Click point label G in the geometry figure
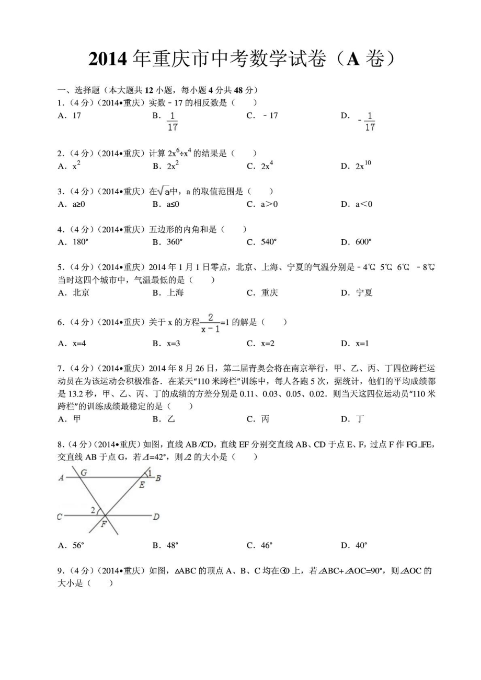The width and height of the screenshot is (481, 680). click(x=84, y=472)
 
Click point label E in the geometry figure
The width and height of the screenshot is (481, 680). click(x=141, y=485)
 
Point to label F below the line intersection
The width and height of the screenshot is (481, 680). click(x=104, y=524)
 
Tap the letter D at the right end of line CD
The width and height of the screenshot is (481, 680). click(x=156, y=517)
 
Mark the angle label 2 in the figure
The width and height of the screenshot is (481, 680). click(x=93, y=510)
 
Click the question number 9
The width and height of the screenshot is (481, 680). click(x=60, y=571)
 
